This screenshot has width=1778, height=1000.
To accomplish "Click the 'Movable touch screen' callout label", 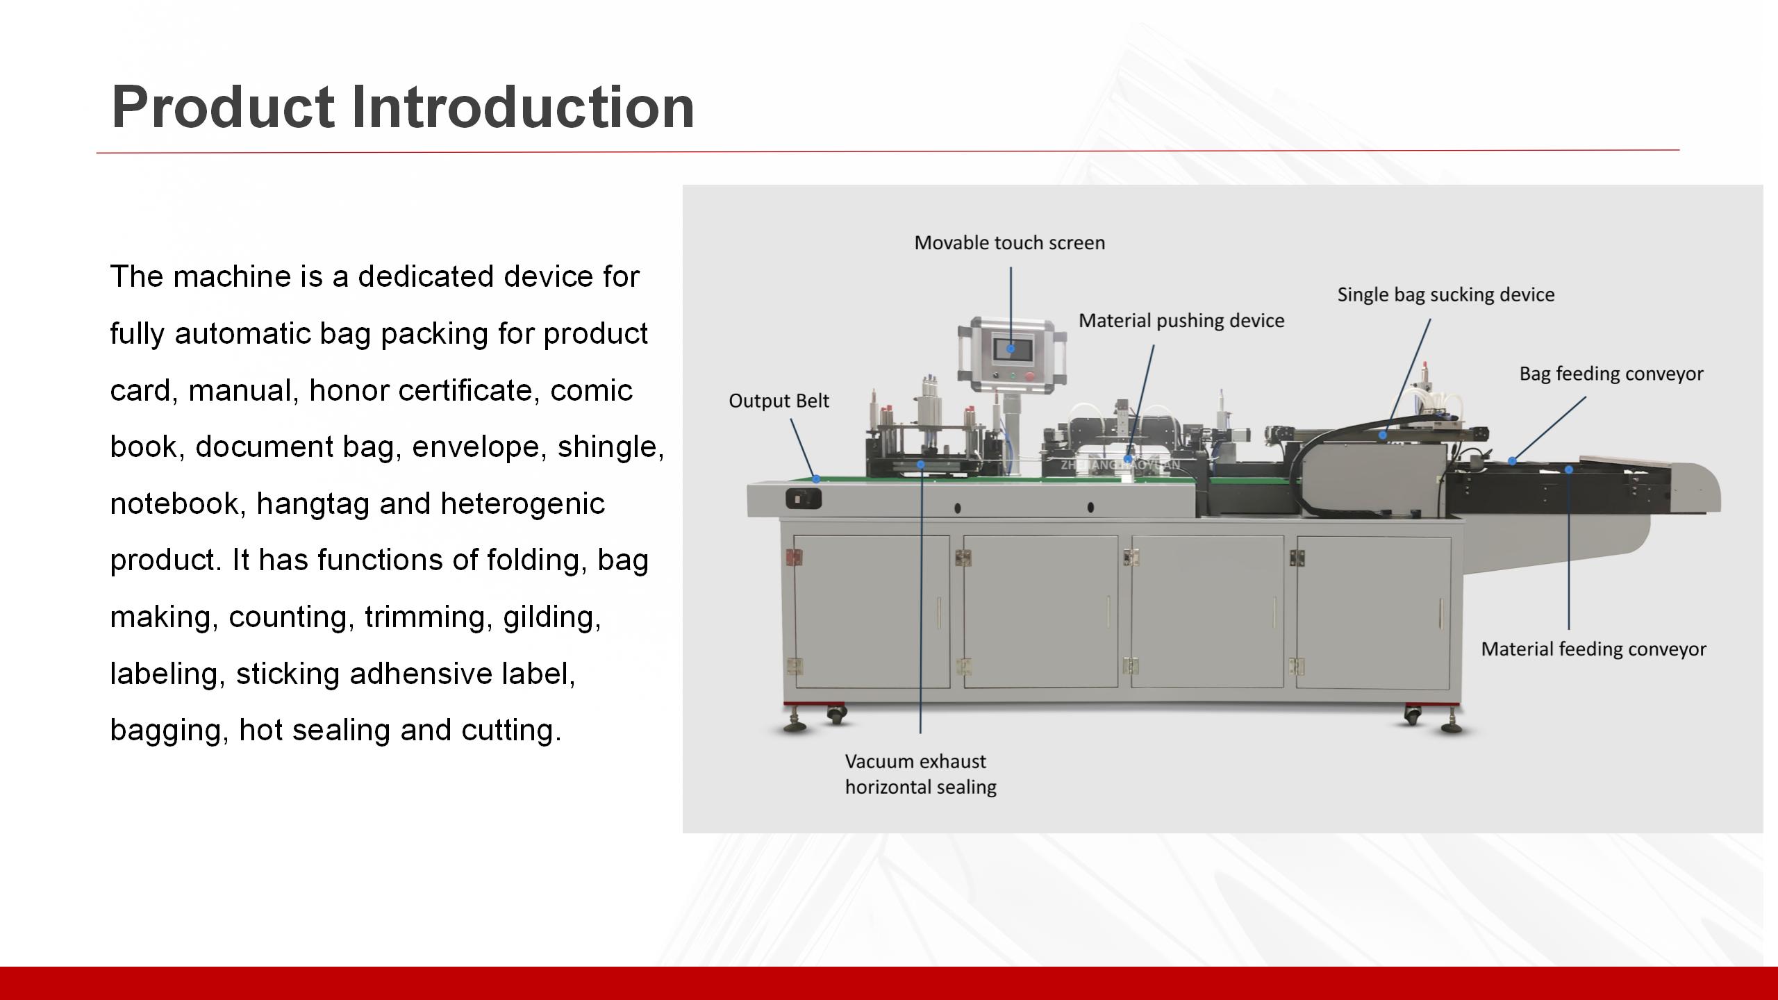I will [1009, 243].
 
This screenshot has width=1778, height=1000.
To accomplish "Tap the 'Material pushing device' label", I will [1181, 321].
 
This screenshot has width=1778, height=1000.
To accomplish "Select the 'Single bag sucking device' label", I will [1445, 295].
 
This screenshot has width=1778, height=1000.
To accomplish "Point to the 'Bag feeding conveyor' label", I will [1611, 374].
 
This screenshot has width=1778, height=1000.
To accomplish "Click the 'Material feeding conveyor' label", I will [1593, 649].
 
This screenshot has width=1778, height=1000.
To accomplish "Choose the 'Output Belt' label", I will [779, 401].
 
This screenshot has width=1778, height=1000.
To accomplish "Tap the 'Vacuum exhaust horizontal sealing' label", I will [920, 774].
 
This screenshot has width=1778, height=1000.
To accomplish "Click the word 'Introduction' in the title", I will [522, 108].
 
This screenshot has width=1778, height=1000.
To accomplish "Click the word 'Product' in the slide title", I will [222, 108].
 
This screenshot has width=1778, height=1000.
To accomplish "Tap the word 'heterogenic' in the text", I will [522, 503].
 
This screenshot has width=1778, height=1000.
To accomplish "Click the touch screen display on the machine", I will [1011, 349].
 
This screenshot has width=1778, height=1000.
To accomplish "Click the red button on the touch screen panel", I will [1029, 376].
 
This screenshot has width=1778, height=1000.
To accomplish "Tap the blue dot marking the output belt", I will [816, 479].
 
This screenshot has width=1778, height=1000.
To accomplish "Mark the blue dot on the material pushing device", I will [1128, 459].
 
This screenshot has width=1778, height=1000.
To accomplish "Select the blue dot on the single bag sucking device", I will [1383, 435].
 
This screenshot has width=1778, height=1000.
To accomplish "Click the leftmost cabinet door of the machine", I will [872, 611].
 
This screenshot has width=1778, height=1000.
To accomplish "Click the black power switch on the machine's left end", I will [804, 499].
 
